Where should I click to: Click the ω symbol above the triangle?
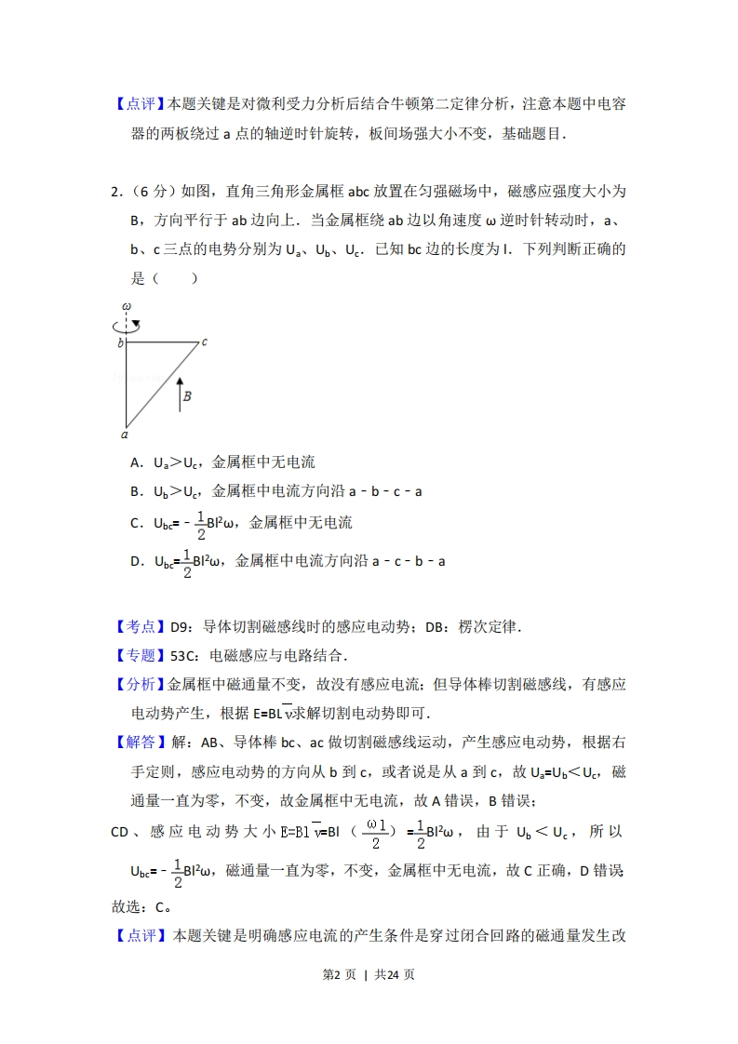tap(126, 305)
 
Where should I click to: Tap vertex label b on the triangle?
tap(120, 343)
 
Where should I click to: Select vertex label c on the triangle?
tap(204, 341)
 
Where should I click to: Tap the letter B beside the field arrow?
tap(188, 395)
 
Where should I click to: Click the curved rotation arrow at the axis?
tap(126, 325)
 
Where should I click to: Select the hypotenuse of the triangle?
tap(163, 381)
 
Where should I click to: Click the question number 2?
tap(114, 192)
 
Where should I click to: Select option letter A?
tap(135, 462)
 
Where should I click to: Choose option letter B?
tap(135, 491)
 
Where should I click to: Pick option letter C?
tap(135, 523)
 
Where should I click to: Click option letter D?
tap(136, 561)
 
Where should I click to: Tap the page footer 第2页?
tap(342, 974)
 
